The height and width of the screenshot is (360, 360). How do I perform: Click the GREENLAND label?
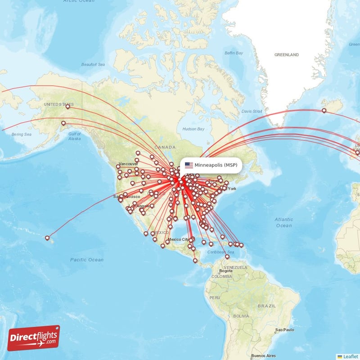click(x=287, y=55)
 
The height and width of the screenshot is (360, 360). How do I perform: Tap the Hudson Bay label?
click(x=193, y=129)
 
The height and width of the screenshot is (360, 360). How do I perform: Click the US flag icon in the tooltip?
click(x=189, y=165)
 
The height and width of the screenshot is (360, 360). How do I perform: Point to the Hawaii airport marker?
click(x=47, y=238)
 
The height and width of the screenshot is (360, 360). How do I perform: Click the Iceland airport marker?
click(x=324, y=110)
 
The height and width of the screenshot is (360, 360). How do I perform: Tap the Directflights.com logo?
click(x=34, y=338)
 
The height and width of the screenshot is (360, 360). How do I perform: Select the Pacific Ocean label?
click(x=87, y=260)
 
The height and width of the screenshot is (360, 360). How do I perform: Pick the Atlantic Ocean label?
click(x=284, y=222)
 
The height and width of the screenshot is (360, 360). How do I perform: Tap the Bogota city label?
click(x=225, y=271)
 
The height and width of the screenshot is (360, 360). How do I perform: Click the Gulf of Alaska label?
click(x=75, y=136)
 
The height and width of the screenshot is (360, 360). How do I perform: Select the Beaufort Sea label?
click(x=93, y=65)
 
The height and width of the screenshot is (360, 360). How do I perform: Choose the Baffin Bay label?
click(x=234, y=53)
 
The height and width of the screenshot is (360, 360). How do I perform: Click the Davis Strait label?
click(x=252, y=111)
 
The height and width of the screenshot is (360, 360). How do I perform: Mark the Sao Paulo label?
click(x=285, y=330)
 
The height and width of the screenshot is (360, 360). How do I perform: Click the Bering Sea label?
click(x=22, y=135)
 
